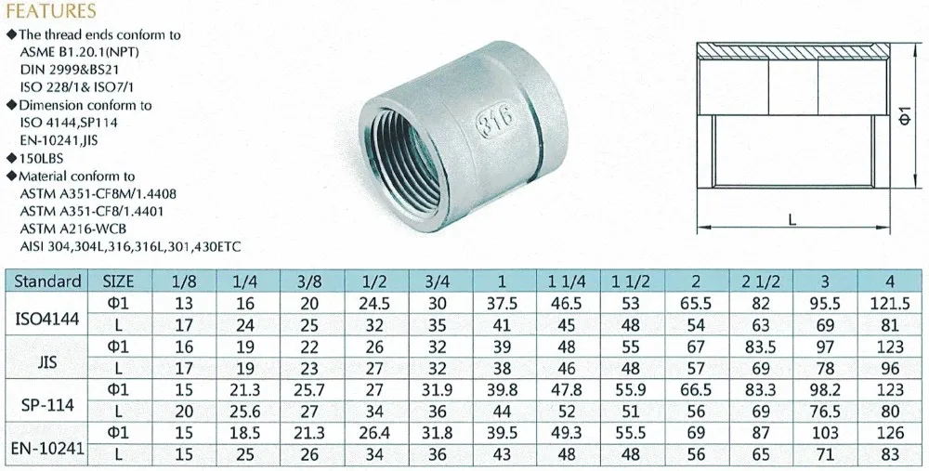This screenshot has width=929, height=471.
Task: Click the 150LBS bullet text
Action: pyautogui.click(x=45, y=160)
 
